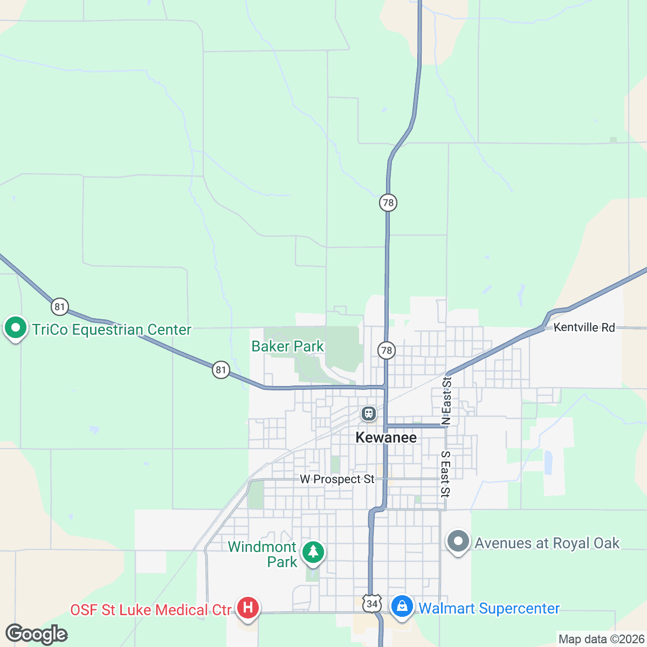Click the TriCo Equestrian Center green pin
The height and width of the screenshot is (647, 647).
tap(16, 328)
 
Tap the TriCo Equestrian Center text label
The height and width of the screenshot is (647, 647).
tap(112, 329)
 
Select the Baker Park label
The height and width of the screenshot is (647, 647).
tap(288, 346)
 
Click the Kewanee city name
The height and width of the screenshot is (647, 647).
tap(386, 437)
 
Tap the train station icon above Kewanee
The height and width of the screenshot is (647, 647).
tap(369, 414)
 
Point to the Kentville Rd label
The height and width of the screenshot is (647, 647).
tap(584, 327)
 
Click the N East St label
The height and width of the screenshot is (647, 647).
tap(446, 401)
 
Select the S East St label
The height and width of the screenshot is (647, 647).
tap(445, 473)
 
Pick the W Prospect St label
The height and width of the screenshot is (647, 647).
tap(337, 479)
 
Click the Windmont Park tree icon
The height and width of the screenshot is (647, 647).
tap(313, 552)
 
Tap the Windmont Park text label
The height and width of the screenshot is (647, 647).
tap(263, 554)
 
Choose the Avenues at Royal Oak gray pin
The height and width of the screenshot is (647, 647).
tap(458, 541)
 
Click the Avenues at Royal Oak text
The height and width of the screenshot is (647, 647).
tap(547, 543)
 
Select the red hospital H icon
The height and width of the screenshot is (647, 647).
tap(248, 608)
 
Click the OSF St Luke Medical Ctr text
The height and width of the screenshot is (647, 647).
tap(151, 610)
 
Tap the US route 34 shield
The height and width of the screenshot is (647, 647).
tap(371, 603)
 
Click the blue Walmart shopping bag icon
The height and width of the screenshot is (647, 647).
tap(402, 607)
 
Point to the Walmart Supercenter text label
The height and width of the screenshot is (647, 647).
tap(489, 608)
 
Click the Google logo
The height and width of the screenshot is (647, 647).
tap(37, 634)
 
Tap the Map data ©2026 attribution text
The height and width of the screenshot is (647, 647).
tap(601, 639)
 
